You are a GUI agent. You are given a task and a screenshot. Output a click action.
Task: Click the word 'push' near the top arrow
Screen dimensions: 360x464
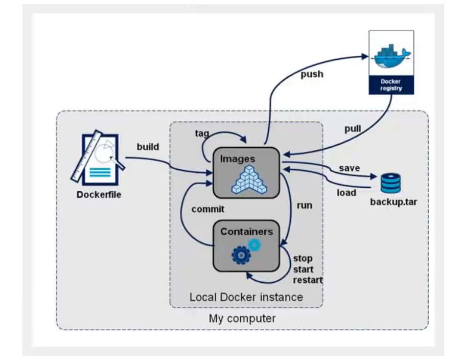(312, 74)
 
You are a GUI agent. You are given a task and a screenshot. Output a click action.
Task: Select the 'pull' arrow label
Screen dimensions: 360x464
(353, 128)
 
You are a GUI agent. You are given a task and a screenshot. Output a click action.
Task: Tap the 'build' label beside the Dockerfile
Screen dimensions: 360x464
(148, 147)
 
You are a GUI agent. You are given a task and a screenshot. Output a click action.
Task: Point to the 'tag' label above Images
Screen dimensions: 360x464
(202, 133)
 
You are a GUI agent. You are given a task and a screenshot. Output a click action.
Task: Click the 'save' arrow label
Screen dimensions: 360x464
(349, 168)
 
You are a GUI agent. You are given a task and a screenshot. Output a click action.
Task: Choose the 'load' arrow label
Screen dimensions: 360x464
(346, 193)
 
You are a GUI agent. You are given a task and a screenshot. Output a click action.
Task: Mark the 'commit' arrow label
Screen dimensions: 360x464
(207, 209)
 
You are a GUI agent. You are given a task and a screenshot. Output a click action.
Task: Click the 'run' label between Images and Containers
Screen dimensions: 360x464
(305, 206)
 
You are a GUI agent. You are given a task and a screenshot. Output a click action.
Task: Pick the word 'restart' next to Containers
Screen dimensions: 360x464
(308, 280)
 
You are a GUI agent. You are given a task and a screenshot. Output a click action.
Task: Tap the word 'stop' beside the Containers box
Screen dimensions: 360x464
(303, 258)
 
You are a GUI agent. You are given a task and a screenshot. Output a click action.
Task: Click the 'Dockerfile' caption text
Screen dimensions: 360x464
(99, 195)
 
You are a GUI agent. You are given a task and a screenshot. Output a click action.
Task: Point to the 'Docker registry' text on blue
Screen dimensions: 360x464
(391, 85)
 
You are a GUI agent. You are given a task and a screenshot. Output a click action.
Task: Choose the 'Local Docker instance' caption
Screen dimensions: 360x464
(246, 297)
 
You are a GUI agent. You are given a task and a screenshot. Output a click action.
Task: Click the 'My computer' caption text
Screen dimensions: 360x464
(242, 319)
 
